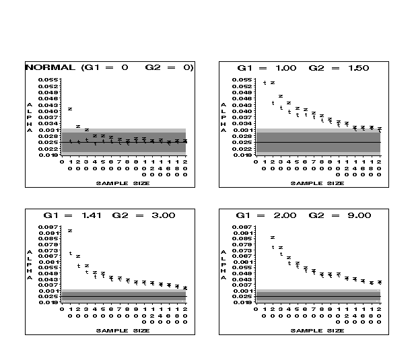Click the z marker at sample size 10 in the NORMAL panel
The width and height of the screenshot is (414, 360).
pos(70,108)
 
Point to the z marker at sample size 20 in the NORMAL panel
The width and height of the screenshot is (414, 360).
pos(78,126)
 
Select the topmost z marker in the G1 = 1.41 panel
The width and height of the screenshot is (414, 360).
pos(70,231)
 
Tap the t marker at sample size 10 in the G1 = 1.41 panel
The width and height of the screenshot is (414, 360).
pos(70,253)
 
